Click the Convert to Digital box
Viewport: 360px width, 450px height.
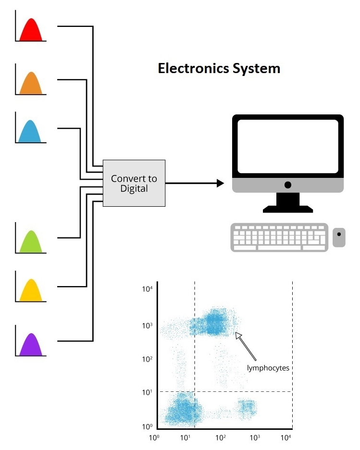[134, 183]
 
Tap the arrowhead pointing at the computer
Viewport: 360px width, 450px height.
[221, 183]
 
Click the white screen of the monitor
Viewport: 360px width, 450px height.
[287, 145]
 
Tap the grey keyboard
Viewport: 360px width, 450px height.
[279, 237]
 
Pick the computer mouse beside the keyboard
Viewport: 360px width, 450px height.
[339, 237]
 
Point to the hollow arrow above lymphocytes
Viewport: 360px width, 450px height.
[246, 346]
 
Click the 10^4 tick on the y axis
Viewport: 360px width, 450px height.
[147, 288]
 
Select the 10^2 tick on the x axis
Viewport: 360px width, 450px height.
[221, 438]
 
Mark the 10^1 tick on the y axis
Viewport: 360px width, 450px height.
[147, 392]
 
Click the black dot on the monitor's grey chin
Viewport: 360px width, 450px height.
[287, 185]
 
